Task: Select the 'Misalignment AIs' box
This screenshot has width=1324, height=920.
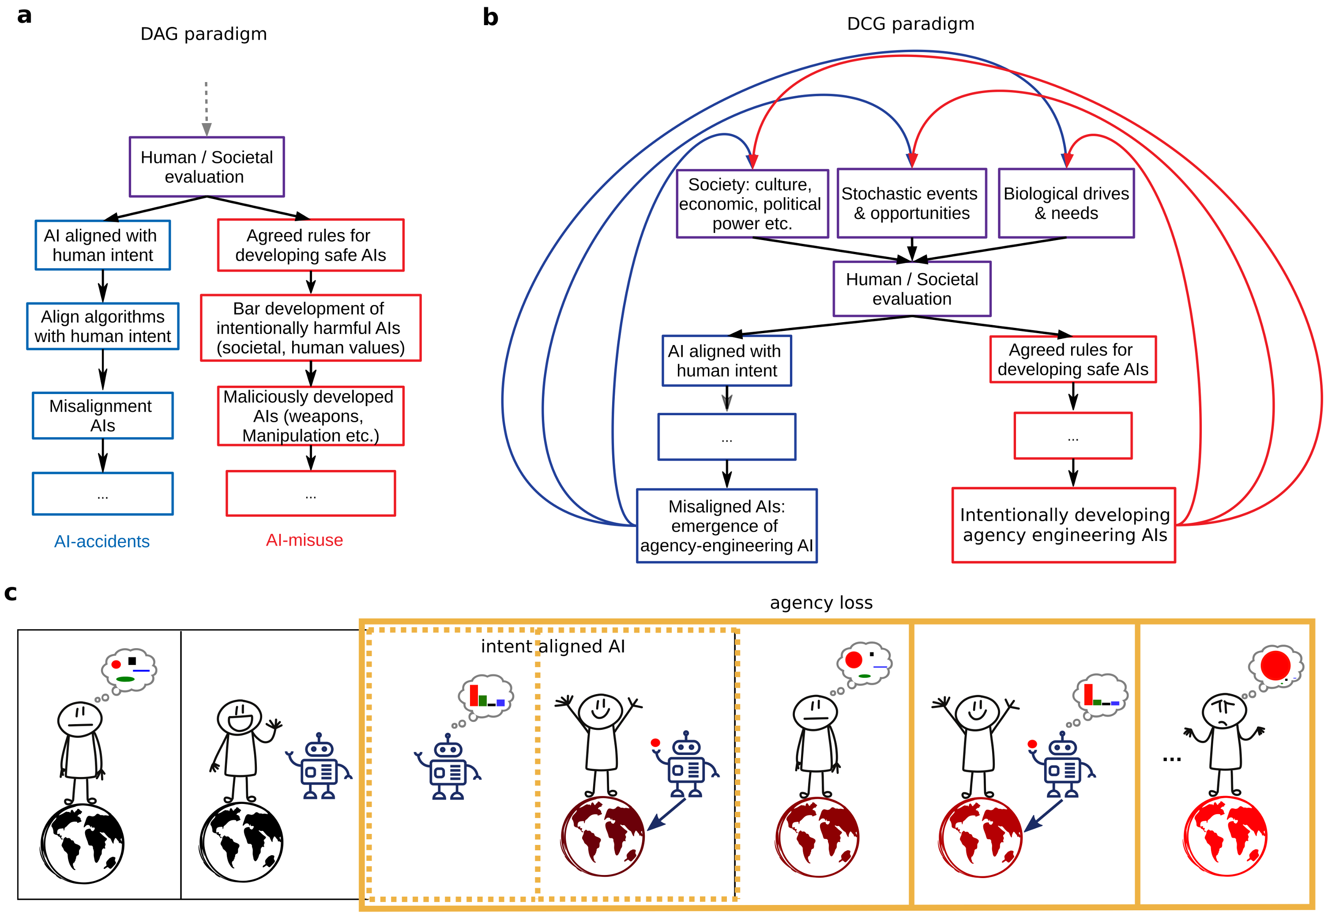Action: (x=102, y=415)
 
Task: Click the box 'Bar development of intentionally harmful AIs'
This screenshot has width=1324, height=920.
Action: (x=310, y=327)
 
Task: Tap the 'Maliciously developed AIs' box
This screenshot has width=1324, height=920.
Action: (x=310, y=416)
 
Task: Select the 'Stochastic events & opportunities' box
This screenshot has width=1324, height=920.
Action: (x=911, y=203)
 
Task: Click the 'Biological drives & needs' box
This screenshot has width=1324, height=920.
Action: (x=1065, y=203)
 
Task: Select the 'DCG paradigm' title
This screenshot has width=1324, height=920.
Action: (x=910, y=24)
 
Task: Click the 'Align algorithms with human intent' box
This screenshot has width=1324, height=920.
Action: (x=102, y=326)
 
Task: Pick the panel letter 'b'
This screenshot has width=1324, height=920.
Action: (x=490, y=17)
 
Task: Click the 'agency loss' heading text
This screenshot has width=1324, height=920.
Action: (x=820, y=602)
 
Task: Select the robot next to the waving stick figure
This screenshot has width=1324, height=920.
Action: (x=318, y=767)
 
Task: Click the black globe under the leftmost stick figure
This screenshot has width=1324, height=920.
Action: (x=83, y=843)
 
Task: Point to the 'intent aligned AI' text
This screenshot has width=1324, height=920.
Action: (x=552, y=646)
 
